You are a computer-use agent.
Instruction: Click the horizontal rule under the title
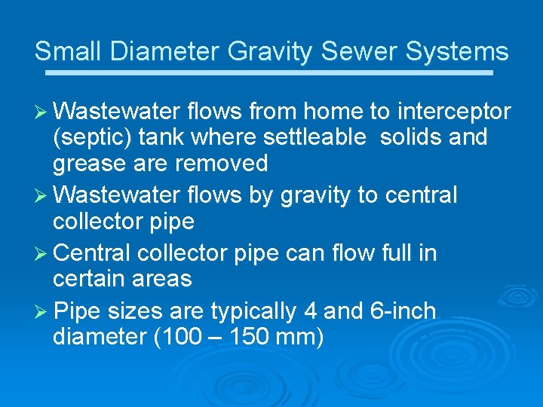pyautogui.click(x=268, y=73)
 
